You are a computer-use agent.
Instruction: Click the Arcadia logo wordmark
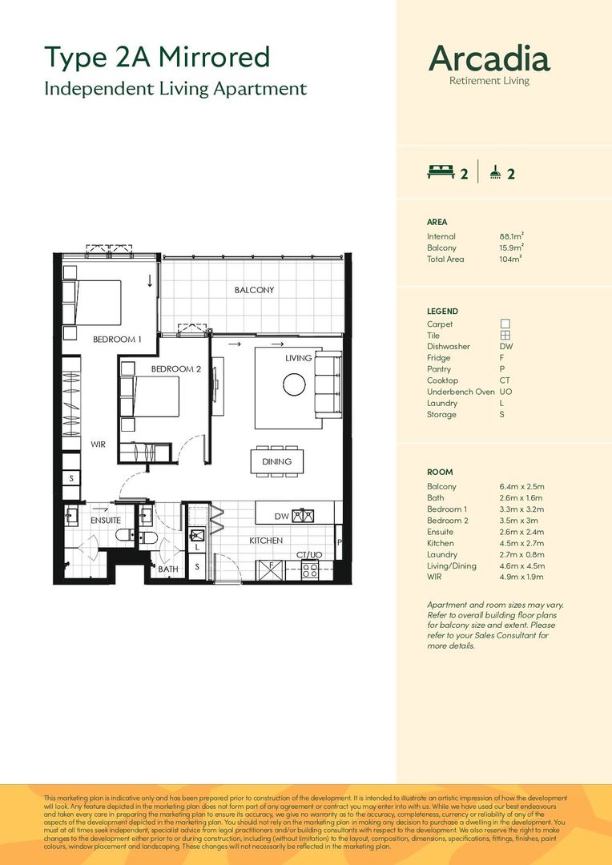(x=489, y=58)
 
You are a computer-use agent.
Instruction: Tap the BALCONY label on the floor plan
(x=254, y=290)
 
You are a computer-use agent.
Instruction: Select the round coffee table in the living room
(x=294, y=384)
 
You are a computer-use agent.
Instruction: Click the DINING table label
(x=276, y=462)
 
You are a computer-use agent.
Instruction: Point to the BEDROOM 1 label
(x=117, y=340)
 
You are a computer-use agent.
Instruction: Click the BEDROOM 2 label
(x=176, y=368)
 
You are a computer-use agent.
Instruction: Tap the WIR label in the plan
(x=99, y=444)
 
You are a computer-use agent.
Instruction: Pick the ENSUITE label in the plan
(x=106, y=521)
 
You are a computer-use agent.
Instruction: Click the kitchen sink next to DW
(x=303, y=516)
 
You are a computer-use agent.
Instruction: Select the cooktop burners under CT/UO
(x=310, y=570)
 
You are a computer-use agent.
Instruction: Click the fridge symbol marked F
(x=271, y=569)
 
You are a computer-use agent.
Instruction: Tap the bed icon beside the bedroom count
(x=441, y=173)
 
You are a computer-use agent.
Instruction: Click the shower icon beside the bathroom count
(x=496, y=173)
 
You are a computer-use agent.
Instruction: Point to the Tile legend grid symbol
(x=505, y=336)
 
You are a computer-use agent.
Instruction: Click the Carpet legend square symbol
(x=505, y=324)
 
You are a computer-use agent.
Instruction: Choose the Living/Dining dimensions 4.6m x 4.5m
(x=522, y=566)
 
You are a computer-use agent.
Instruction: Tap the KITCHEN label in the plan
(x=266, y=541)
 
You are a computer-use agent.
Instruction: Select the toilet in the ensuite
(x=124, y=534)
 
